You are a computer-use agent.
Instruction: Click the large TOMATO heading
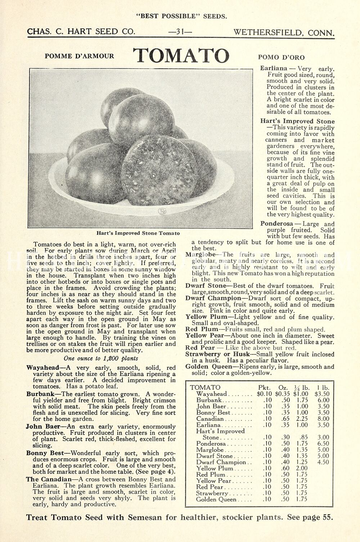(181, 55)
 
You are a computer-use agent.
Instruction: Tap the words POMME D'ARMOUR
(79, 56)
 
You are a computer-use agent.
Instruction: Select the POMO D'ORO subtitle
(281, 57)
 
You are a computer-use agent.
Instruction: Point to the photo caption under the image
(138, 233)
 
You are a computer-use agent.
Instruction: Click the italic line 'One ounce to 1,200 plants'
(101, 358)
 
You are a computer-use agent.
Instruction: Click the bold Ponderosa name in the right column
(276, 224)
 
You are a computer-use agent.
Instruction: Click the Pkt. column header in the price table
(264, 388)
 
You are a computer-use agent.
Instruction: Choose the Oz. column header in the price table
(283, 388)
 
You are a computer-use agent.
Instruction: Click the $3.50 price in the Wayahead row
(322, 394)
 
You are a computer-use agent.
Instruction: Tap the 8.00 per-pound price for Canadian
(323, 419)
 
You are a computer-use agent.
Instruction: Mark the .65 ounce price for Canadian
(286, 419)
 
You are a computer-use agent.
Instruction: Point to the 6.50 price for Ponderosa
(323, 444)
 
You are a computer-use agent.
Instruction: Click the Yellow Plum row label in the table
(215, 468)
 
